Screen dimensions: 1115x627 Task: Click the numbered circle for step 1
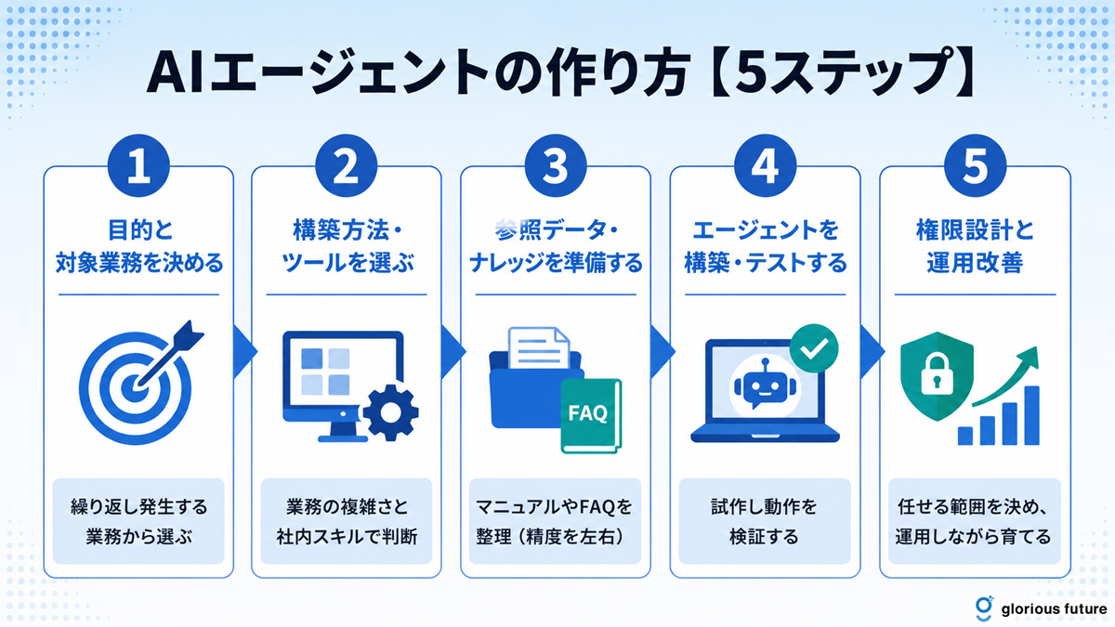click(x=138, y=165)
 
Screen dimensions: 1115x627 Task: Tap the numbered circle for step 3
click(x=556, y=165)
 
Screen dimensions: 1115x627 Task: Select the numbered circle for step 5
click(x=975, y=165)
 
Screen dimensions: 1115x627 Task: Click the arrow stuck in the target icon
click(x=168, y=353)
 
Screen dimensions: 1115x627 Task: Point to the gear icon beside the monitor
click(x=390, y=412)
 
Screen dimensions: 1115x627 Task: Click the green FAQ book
click(x=591, y=416)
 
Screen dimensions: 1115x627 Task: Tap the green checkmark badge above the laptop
click(x=814, y=348)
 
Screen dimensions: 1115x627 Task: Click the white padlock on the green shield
click(x=937, y=373)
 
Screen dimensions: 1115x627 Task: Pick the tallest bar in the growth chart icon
click(x=1032, y=415)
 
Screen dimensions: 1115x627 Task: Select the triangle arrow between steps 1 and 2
click(x=245, y=351)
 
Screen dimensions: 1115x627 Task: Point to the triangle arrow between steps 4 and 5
click(x=872, y=351)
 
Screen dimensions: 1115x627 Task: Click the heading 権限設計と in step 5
click(x=975, y=230)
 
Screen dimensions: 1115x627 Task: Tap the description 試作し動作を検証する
click(x=765, y=521)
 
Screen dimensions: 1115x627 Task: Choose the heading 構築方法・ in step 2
click(x=347, y=230)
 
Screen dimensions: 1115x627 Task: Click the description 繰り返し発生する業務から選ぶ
click(x=138, y=521)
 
